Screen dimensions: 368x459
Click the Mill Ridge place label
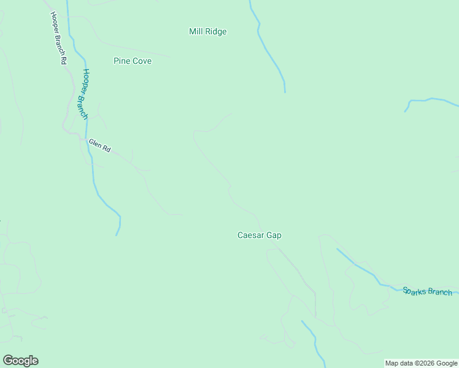(x=207, y=31)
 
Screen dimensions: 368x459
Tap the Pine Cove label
(x=133, y=61)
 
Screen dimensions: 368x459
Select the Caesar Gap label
(x=259, y=235)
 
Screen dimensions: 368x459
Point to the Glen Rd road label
(x=99, y=145)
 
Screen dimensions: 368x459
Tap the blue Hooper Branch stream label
(x=82, y=93)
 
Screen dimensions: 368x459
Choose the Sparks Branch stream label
(x=427, y=291)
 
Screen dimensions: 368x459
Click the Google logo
(x=20, y=361)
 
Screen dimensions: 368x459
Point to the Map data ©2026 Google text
(x=421, y=364)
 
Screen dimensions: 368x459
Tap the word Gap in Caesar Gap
(x=274, y=235)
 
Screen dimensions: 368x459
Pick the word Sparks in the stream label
(x=414, y=289)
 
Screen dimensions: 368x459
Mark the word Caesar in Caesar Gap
(x=250, y=235)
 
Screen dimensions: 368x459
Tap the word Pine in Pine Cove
(x=121, y=61)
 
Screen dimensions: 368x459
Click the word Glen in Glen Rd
(x=94, y=144)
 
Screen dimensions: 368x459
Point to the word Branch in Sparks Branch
(x=439, y=293)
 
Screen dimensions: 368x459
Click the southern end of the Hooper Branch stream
(x=117, y=235)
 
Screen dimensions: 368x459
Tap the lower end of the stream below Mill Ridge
(x=285, y=92)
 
